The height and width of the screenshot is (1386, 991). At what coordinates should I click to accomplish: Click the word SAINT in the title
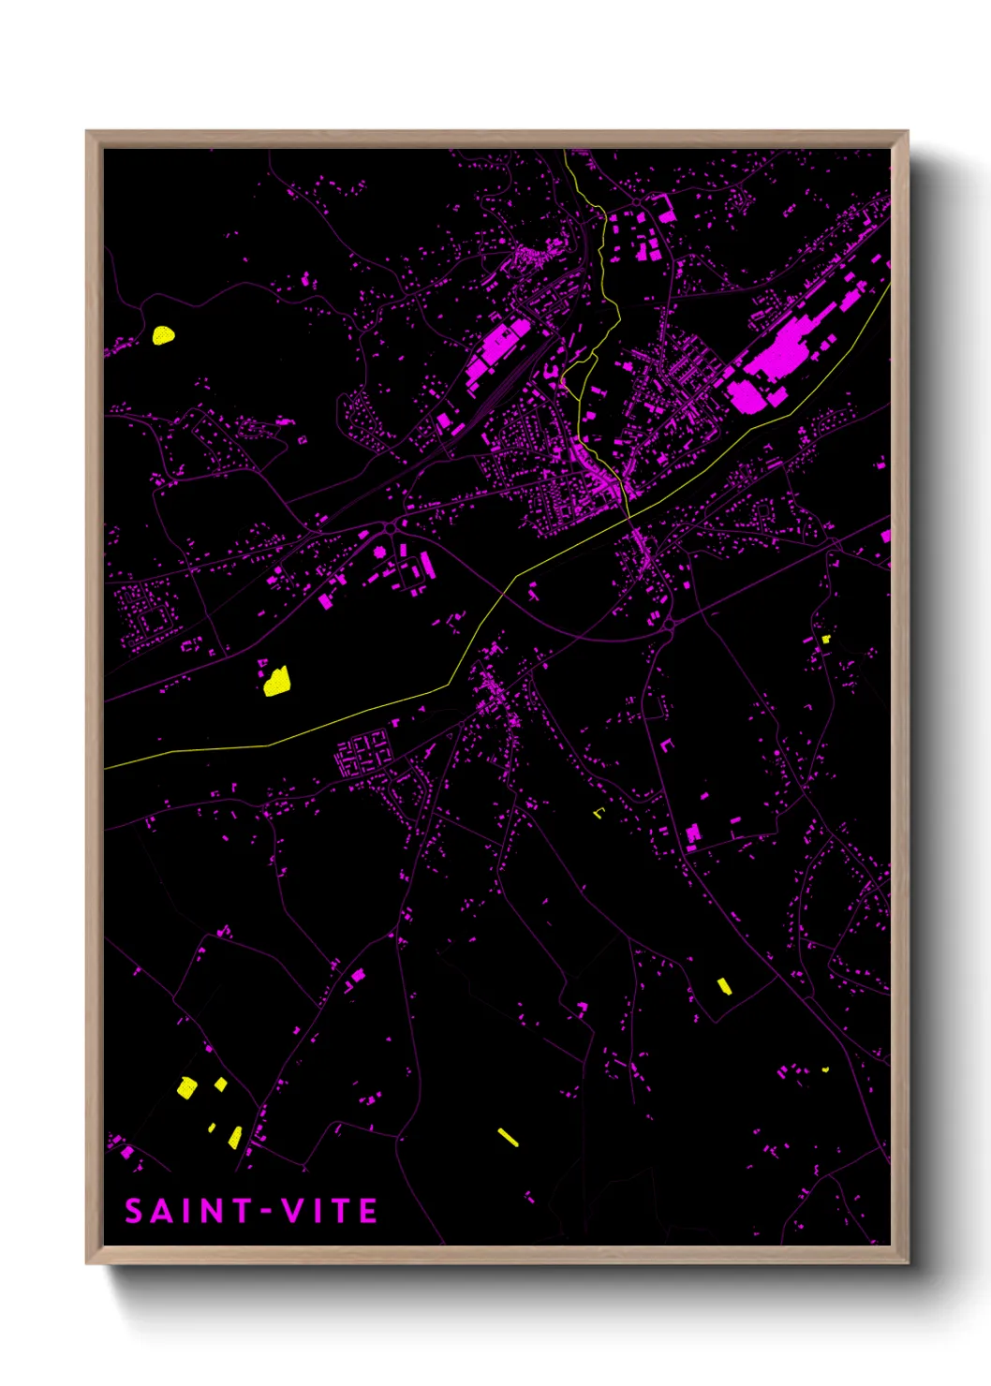point(187,1212)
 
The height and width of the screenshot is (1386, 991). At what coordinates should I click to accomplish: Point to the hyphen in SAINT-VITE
point(266,1212)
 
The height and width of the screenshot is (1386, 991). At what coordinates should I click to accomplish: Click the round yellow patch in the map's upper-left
point(164,334)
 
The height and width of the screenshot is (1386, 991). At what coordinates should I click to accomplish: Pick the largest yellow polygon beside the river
point(275,681)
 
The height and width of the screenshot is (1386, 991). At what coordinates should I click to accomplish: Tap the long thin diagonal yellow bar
point(507,1137)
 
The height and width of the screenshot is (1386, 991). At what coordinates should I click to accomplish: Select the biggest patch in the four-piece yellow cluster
point(187,1087)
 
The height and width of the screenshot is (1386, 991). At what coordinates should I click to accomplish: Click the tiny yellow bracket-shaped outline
point(599,812)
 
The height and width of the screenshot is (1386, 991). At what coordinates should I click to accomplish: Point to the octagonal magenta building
point(380,553)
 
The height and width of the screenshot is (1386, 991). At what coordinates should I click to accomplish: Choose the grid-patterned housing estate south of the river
point(363,754)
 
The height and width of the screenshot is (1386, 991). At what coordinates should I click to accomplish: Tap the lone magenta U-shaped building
point(667,745)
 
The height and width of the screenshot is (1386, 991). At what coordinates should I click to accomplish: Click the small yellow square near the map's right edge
point(825,639)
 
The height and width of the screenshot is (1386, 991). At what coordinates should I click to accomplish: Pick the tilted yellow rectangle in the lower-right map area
point(724,986)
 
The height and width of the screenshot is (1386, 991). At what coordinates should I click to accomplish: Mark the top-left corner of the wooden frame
point(87,132)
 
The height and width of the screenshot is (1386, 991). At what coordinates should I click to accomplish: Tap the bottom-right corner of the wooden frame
point(908,1262)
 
